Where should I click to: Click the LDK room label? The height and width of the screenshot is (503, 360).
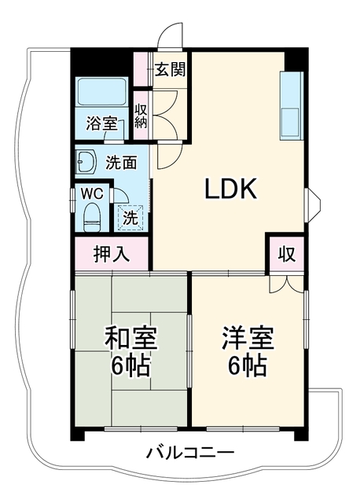(x=230, y=189)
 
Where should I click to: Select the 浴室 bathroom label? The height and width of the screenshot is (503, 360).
(x=101, y=123)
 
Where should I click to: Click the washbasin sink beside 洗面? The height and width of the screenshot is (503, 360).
(x=86, y=161)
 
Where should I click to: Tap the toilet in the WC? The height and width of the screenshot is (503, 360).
(x=92, y=217)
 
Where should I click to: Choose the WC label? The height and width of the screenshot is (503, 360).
(x=91, y=194)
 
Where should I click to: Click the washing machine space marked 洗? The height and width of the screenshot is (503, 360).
(x=130, y=218)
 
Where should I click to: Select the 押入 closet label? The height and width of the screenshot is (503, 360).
(x=112, y=255)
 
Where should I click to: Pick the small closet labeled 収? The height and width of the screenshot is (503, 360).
(x=287, y=254)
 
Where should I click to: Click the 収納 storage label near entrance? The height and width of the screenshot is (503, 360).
(x=140, y=116)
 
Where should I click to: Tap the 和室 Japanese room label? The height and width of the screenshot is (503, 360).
(x=130, y=338)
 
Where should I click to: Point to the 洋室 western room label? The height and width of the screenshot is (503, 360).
(x=248, y=338)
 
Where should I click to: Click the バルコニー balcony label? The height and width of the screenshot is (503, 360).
(x=190, y=453)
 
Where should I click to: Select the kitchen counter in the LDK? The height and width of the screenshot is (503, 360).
(x=292, y=106)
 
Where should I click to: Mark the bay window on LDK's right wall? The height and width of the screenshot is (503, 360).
(x=312, y=204)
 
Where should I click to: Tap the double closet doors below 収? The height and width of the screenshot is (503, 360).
(x=286, y=283)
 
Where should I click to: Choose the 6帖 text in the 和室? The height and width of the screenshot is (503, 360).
(x=130, y=365)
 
